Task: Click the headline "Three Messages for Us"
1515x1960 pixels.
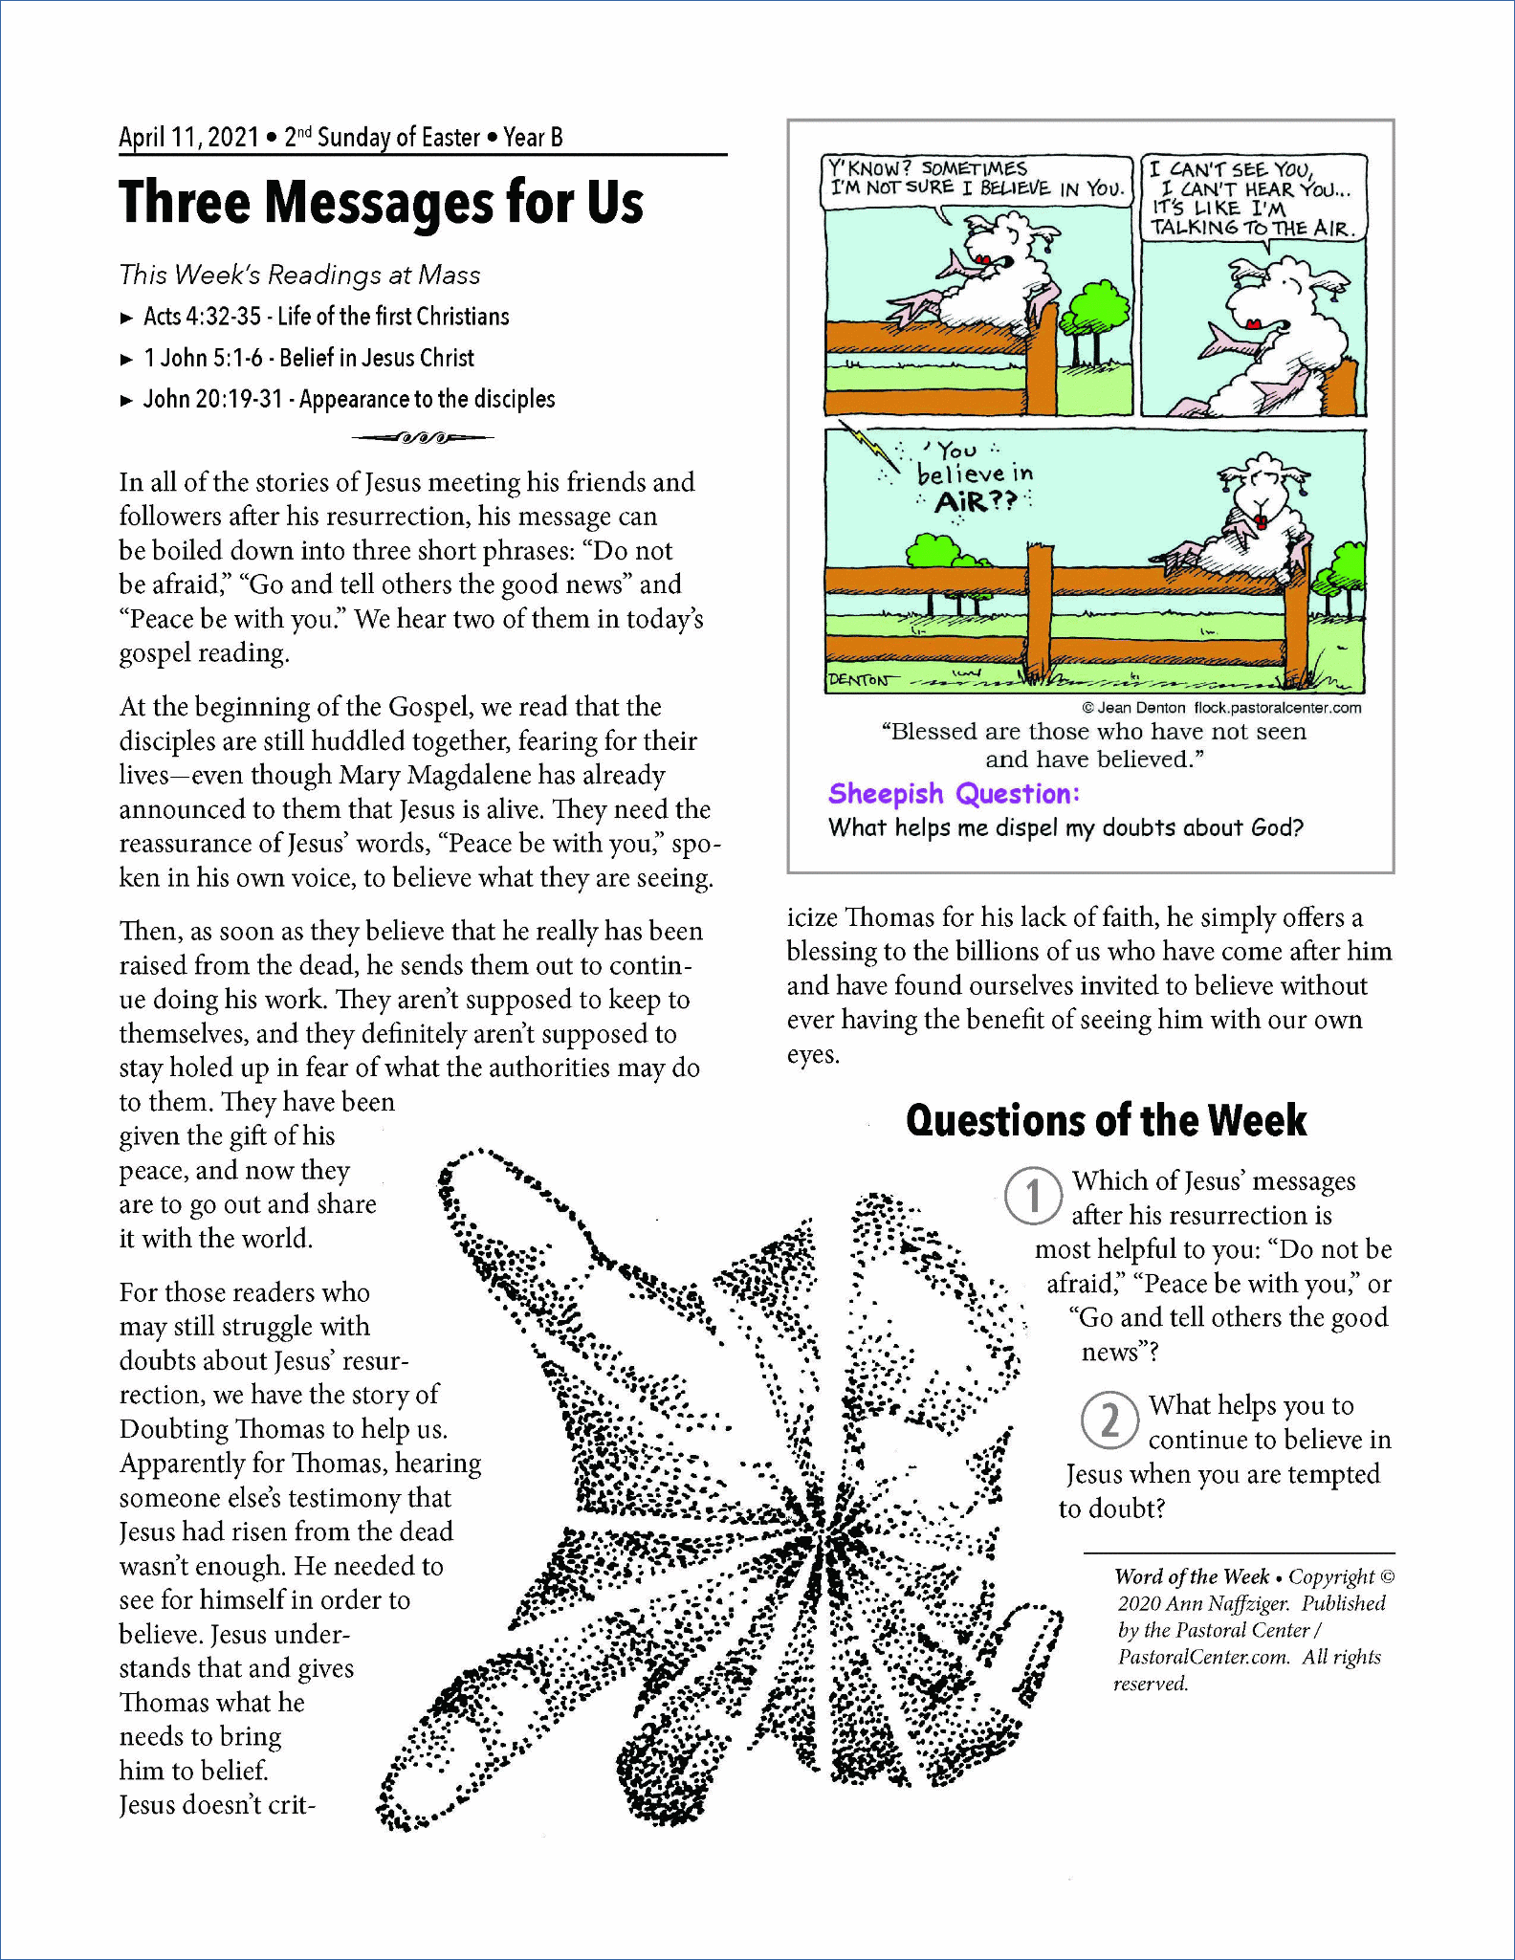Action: point(381,203)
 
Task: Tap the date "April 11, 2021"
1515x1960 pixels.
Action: point(188,138)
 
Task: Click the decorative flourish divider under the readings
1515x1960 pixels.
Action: point(422,438)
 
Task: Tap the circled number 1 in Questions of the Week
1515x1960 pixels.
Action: point(1033,1195)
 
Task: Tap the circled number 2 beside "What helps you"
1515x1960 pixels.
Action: point(1109,1420)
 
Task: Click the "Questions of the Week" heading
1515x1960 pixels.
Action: point(1106,1121)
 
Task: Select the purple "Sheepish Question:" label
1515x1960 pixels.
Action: point(954,793)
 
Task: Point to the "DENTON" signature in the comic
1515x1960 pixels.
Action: point(858,680)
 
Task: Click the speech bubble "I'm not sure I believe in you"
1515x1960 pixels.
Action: point(976,180)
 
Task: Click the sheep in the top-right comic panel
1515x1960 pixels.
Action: point(1282,330)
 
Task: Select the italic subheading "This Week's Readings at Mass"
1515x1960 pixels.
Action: point(299,275)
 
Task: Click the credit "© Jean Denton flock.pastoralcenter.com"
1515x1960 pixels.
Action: point(1221,708)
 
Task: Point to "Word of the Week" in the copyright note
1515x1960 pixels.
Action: point(1191,1576)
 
